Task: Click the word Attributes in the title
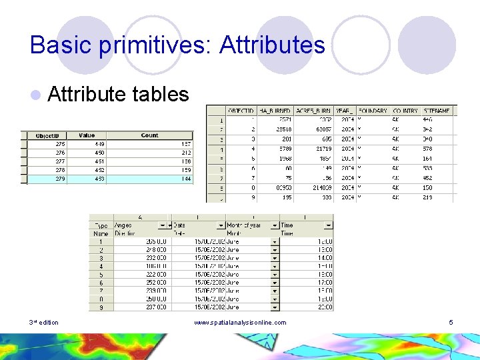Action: pos(272,45)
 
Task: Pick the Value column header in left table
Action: pos(87,135)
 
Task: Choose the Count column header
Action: pos(150,135)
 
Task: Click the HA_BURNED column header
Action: pos(275,111)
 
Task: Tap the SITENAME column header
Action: pos(437,111)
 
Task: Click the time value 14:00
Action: pos(325,258)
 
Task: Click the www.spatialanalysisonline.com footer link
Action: pos(240,323)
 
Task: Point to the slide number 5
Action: pos(451,323)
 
